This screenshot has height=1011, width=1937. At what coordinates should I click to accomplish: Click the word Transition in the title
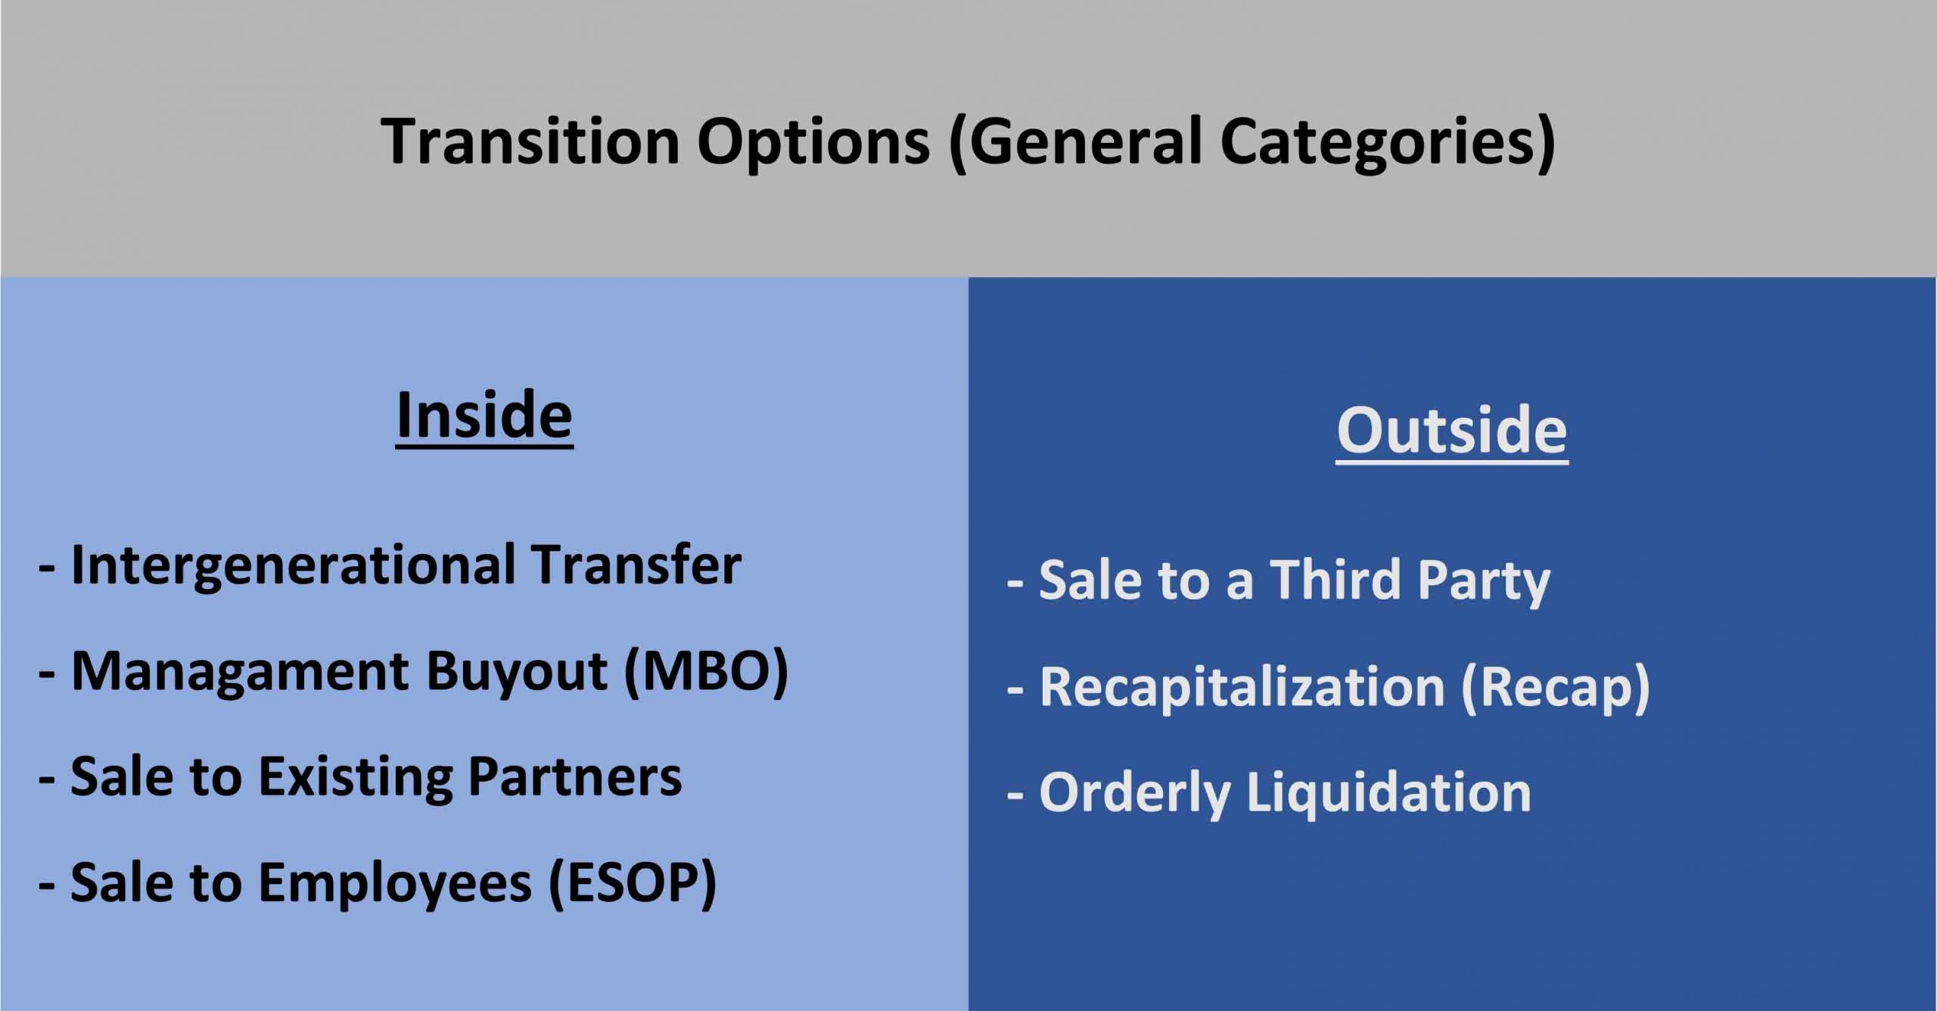coord(530,142)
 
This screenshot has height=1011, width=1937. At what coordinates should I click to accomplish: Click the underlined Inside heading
coord(484,415)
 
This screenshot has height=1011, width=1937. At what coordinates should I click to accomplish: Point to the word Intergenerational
coord(294,567)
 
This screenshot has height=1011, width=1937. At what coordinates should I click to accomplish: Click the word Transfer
coord(636,564)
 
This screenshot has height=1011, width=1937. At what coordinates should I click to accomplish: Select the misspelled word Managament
coord(240,673)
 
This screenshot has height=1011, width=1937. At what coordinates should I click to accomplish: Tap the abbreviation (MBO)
coord(706,672)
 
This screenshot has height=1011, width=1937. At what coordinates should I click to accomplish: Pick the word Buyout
coord(517,673)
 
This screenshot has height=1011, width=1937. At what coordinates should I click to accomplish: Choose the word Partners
coord(575,776)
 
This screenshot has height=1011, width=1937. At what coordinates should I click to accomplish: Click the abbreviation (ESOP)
coord(632,884)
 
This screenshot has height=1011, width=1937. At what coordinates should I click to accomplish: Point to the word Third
coord(1335,580)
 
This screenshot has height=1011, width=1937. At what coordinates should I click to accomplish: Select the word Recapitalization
coord(1242,688)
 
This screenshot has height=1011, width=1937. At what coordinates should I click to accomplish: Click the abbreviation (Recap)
coord(1556,688)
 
